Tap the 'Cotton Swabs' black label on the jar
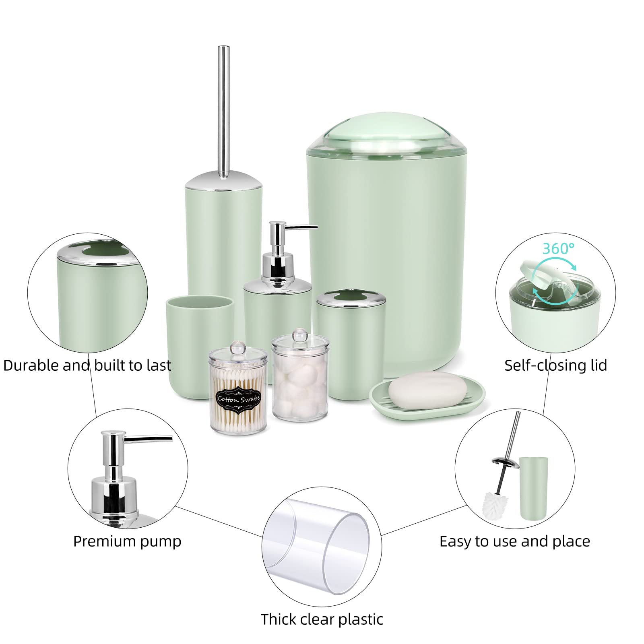tap(239, 399)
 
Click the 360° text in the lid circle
tap(558, 248)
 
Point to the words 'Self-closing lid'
tap(555, 365)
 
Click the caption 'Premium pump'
tap(127, 541)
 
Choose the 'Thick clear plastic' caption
tap(322, 619)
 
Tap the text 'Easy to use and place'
tap(514, 541)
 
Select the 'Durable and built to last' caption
tap(87, 365)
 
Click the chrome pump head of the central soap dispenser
tap(278, 242)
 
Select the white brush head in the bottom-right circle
tap(495, 505)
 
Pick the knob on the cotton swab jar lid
tap(237, 346)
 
